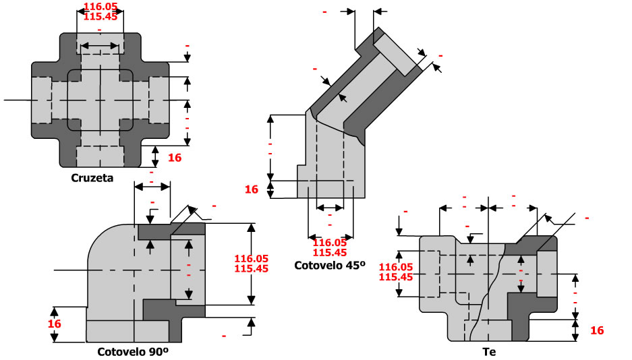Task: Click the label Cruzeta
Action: (92, 179)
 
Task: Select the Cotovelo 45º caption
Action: (329, 266)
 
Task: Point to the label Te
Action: (489, 351)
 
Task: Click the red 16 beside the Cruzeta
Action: (175, 158)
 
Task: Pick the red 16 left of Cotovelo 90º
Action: (55, 324)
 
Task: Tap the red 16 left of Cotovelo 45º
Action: (252, 189)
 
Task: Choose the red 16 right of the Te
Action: (597, 330)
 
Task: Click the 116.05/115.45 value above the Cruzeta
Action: (100, 11)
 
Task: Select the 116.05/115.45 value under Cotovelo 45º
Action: (330, 247)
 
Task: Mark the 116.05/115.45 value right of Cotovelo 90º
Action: (251, 263)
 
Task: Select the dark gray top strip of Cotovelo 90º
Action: (171, 229)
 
